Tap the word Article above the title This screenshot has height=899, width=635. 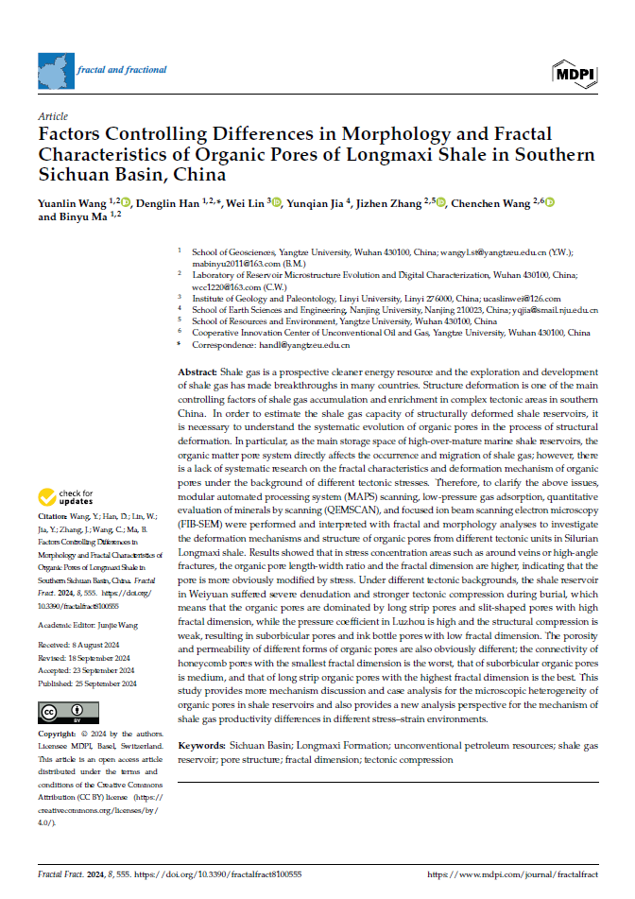pos(51,116)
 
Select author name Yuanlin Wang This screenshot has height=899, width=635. pos(71,202)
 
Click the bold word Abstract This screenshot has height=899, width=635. pos(197,372)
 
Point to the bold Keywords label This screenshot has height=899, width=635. pos(202,746)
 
